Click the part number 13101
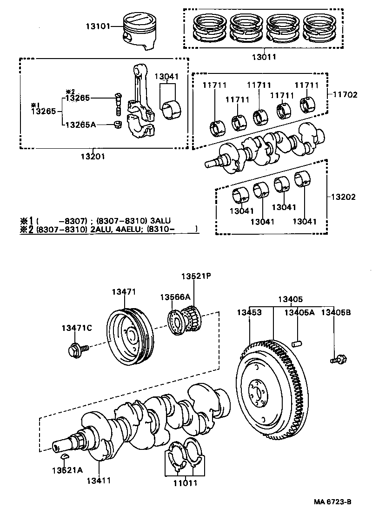[x=97, y=26]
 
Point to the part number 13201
[x=93, y=156]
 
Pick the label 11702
[x=345, y=94]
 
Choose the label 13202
[x=343, y=197]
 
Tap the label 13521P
[x=196, y=276]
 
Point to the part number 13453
[x=250, y=312]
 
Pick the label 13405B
[x=336, y=312]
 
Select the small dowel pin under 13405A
[x=297, y=344]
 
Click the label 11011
[x=186, y=483]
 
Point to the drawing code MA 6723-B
[x=332, y=502]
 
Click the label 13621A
[x=67, y=470]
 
